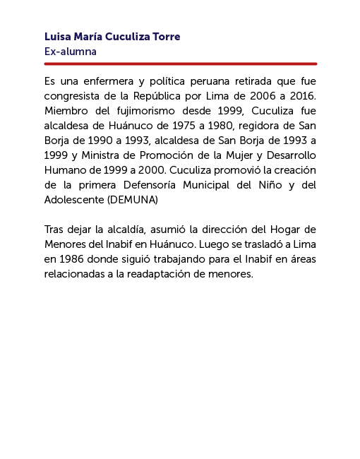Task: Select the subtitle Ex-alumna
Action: click(70, 52)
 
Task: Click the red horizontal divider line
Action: click(180, 64)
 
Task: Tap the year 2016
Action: click(303, 95)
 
